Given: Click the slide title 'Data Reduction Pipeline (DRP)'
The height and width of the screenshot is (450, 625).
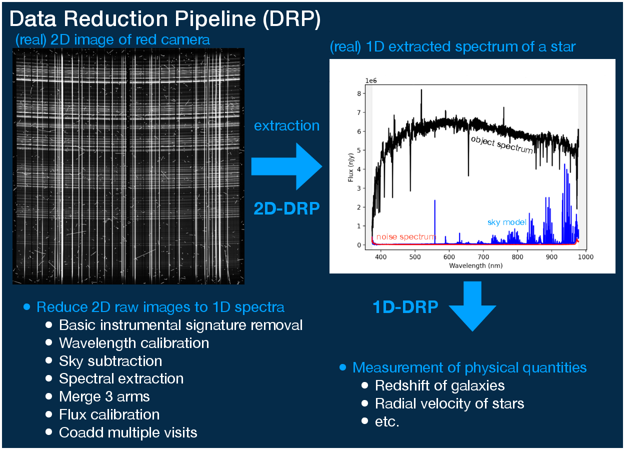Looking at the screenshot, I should tap(165, 19).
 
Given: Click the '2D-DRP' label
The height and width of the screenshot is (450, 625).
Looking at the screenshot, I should tap(286, 207).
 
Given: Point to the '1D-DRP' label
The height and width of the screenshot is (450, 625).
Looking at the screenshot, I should tap(405, 307).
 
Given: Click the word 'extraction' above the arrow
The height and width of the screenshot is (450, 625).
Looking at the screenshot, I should tap(286, 126).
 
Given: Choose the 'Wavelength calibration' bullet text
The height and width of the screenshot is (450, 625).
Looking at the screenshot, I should tap(134, 343).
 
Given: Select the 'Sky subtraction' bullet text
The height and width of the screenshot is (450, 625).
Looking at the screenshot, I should tap(110, 361).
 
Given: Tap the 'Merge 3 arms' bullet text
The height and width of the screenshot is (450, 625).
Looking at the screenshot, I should tap(104, 396).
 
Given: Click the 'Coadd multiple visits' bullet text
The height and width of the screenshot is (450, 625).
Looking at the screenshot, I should tap(128, 432).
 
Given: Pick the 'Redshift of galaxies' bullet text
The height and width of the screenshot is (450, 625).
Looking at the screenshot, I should tap(439, 385).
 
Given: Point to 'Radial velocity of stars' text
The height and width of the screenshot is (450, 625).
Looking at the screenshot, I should tap(449, 403).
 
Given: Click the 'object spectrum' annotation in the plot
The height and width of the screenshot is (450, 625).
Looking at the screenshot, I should tap(501, 144).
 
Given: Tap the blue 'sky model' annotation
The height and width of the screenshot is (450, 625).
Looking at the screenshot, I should tap(506, 222).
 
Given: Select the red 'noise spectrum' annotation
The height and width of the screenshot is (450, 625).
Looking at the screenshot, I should tap(405, 236).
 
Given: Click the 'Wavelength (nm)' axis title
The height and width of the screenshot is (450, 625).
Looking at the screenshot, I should tap(475, 265).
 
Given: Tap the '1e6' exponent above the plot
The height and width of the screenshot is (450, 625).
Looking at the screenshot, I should tap(370, 80).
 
